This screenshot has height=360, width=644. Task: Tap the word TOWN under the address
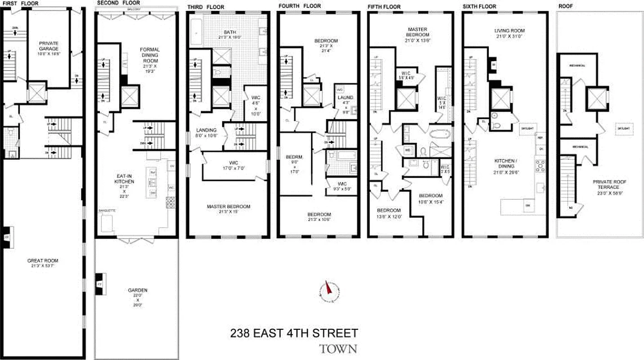pyautogui.click(x=338, y=349)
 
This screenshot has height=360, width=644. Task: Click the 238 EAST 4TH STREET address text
pyautogui.click(x=294, y=333)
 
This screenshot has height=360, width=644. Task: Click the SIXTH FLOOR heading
pyautogui.click(x=479, y=6)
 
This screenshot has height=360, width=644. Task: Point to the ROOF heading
pyautogui.click(x=564, y=6)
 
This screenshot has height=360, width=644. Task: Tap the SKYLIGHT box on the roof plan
pyautogui.click(x=623, y=128)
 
